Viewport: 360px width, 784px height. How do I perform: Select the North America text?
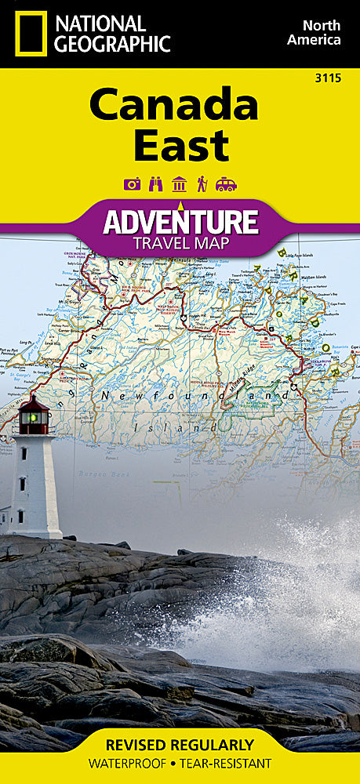click(x=314, y=32)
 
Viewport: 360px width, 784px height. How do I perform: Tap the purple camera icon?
click(x=132, y=184)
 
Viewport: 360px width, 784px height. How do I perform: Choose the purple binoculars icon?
click(x=155, y=184)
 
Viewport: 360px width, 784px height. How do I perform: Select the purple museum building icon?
click(x=179, y=184)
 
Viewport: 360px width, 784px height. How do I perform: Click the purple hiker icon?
click(x=202, y=184)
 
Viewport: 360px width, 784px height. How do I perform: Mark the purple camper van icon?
click(x=226, y=184)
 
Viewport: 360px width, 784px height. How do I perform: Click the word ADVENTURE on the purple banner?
click(x=180, y=221)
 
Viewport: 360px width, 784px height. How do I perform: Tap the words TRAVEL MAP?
click(x=180, y=242)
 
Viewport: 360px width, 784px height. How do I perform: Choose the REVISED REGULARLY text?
click(x=180, y=744)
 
